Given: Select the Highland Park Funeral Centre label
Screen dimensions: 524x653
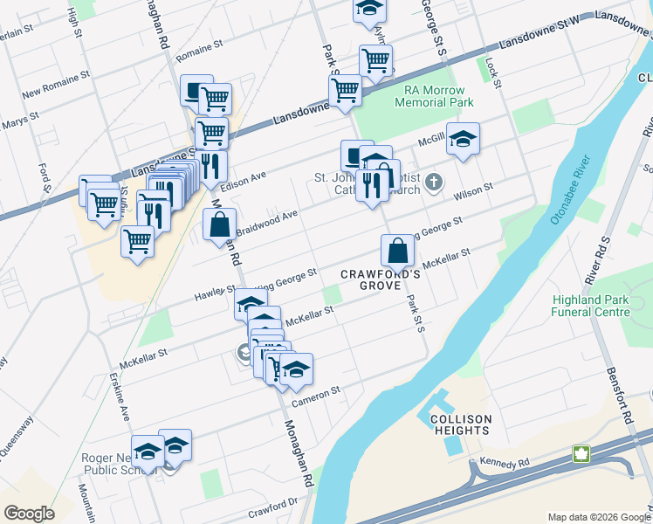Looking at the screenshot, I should (590, 306).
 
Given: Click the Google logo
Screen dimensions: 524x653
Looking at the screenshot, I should (29, 513).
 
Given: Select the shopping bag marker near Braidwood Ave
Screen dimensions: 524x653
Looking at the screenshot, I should (219, 224).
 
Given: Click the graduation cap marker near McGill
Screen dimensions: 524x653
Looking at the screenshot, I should (464, 138).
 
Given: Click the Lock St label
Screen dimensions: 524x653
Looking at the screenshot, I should (494, 73).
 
